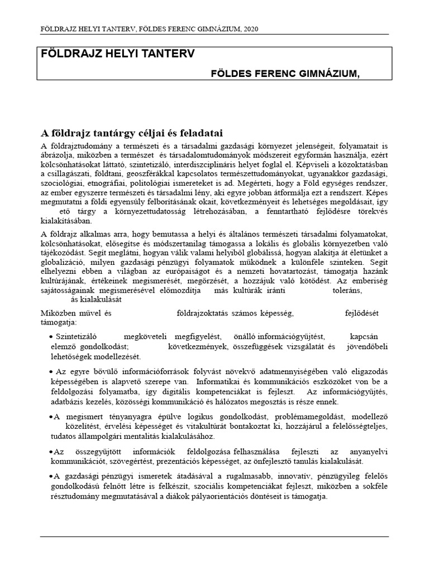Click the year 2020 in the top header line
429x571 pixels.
(x=250, y=28)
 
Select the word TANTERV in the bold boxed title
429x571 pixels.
(x=168, y=54)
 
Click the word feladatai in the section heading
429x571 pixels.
(x=200, y=133)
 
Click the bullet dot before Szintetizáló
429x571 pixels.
(x=51, y=337)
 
